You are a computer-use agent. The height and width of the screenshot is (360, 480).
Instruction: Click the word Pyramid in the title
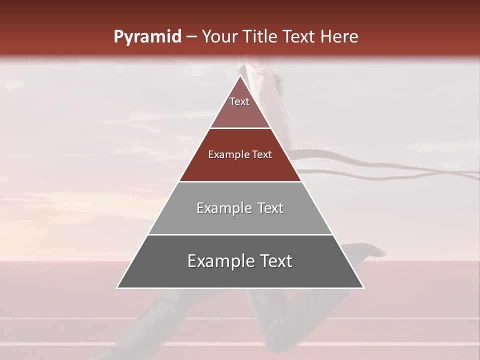tap(147, 37)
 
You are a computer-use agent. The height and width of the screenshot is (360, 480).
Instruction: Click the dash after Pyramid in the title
tap(191, 37)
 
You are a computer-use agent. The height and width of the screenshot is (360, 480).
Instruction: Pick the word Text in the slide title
tap(299, 37)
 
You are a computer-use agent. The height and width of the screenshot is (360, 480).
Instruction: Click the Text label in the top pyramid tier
tap(239, 101)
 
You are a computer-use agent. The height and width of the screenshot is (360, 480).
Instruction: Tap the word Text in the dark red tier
tap(262, 154)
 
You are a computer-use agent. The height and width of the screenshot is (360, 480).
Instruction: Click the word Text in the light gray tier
tap(270, 208)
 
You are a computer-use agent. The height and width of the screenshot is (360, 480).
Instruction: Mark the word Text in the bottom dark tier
tap(275, 261)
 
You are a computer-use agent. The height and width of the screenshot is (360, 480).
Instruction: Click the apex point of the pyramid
tap(240, 75)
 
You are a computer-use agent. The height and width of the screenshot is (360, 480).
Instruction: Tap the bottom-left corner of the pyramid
tap(117, 287)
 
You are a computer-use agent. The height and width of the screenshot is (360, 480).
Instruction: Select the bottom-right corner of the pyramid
tap(363, 287)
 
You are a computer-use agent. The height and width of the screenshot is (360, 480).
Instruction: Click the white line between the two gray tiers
tap(240, 234)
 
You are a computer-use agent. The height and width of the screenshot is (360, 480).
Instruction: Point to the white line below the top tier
tap(240, 128)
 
